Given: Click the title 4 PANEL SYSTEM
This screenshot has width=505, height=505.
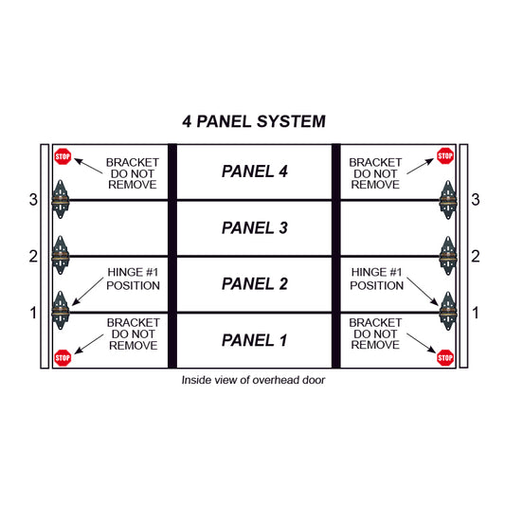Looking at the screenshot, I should [253, 121].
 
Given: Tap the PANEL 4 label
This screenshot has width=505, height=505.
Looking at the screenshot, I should [253, 171].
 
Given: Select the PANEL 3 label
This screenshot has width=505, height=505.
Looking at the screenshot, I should [253, 227].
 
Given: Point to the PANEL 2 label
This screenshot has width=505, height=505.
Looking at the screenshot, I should [253, 283].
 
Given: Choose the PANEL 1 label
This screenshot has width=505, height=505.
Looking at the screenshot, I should [253, 340].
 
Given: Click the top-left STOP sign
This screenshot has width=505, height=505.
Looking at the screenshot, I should [63, 155].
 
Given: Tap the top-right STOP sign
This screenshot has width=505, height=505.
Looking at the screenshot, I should [444, 155].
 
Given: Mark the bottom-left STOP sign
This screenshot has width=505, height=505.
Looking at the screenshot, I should [63, 357].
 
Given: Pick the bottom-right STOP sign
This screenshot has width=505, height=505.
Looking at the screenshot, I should [444, 357].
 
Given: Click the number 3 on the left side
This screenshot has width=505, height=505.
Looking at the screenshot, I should [33, 200].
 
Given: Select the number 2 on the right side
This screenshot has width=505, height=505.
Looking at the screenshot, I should [476, 256].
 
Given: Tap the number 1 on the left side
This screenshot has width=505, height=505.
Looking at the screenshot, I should [33, 313].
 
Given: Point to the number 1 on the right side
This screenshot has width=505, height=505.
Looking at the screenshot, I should [476, 313].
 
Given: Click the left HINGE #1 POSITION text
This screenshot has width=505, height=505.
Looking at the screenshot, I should [133, 279].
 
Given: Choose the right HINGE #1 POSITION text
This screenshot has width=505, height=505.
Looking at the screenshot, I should [377, 279].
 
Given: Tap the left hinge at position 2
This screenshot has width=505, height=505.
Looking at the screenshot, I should [62, 255].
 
